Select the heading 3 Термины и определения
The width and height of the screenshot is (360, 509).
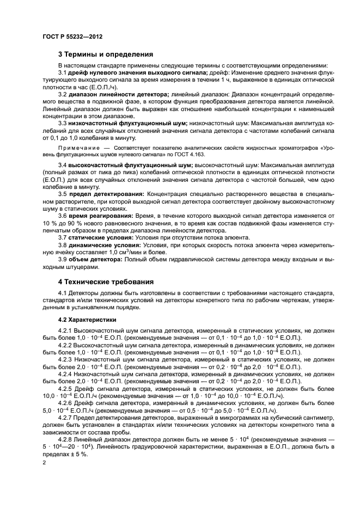coord(105,54)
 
